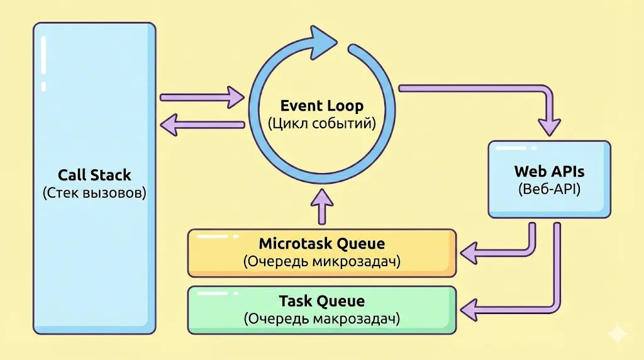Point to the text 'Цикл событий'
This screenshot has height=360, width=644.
tap(321, 123)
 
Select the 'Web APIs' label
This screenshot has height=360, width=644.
tap(549, 171)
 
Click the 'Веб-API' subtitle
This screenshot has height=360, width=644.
tap(549, 188)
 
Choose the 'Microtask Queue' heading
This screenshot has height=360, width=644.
tap(321, 244)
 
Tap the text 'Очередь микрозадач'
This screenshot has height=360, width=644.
tap(321, 262)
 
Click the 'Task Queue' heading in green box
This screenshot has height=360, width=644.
tap(321, 301)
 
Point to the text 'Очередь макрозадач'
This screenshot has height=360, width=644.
tap(321, 319)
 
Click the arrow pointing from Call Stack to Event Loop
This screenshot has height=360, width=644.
tap(201, 98)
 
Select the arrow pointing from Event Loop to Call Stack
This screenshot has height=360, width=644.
tap(201, 125)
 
